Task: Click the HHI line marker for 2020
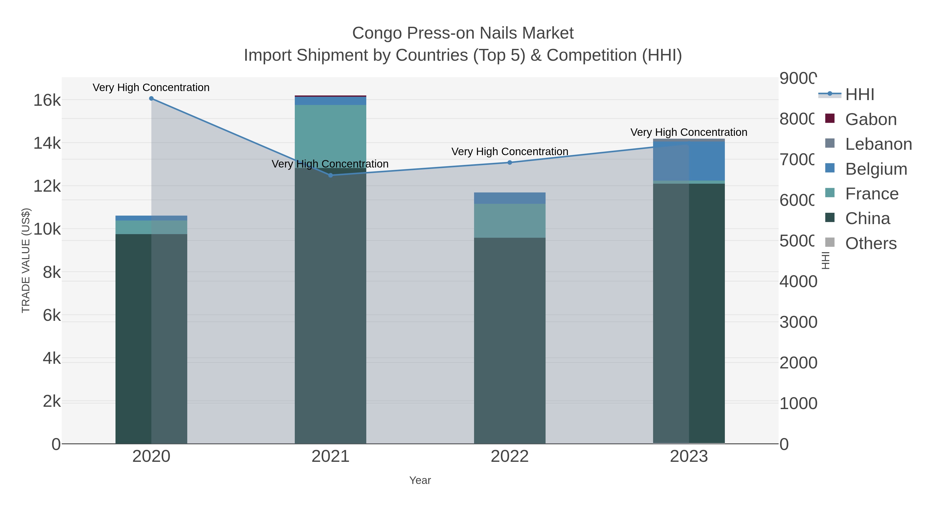point(151,99)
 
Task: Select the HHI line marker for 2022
point(510,163)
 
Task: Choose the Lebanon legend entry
point(878,144)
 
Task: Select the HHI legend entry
point(859,95)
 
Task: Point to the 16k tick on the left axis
point(47,100)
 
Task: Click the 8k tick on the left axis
point(52,272)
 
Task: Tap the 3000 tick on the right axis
point(798,322)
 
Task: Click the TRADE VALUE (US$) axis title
point(26,260)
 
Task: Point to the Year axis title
point(420,480)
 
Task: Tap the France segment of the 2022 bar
point(510,220)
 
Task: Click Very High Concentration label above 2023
point(689,132)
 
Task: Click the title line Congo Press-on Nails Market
point(463,33)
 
